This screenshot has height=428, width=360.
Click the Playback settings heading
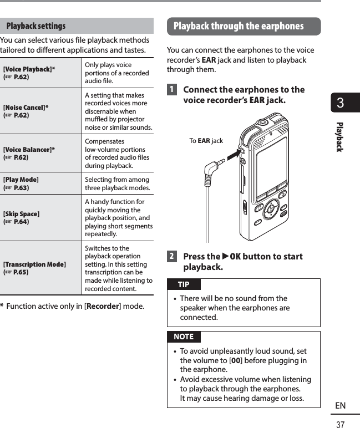click(x=36, y=26)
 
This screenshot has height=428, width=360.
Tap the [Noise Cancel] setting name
click(x=26, y=107)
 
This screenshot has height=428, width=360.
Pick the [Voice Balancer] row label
click(x=29, y=150)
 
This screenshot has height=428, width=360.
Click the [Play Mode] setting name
click(x=21, y=180)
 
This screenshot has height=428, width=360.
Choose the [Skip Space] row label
click(x=22, y=213)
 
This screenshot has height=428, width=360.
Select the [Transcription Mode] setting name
click(x=35, y=264)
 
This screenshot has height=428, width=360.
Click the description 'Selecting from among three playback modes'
click(x=117, y=184)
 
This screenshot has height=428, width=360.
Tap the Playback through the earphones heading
click(x=239, y=26)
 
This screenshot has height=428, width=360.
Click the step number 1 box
click(x=173, y=90)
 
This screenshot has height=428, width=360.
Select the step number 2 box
click(x=173, y=257)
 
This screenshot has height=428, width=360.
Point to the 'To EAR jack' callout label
click(x=206, y=141)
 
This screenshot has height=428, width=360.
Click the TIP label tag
click(x=184, y=284)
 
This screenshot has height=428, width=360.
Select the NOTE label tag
click(x=184, y=337)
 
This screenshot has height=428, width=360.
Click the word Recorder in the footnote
click(x=103, y=307)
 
